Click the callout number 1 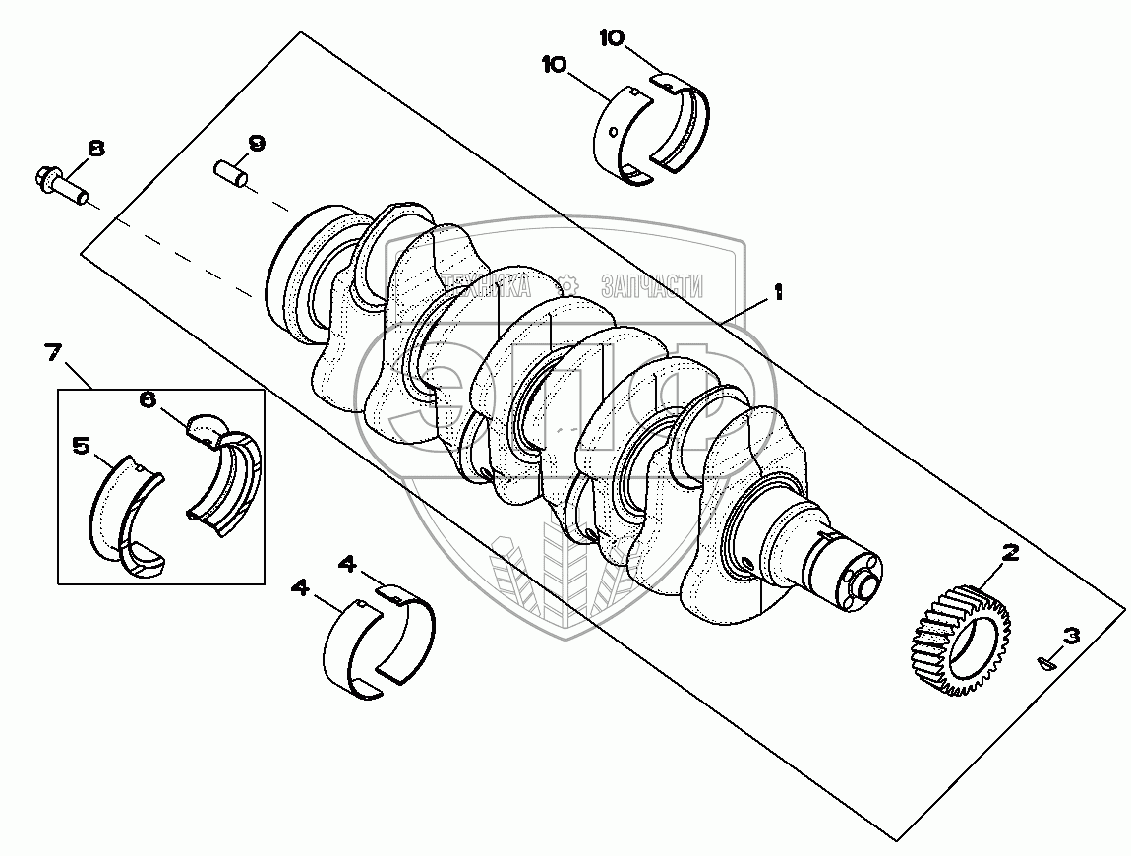click(x=778, y=292)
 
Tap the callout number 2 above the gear click(x=1009, y=554)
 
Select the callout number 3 click(x=1071, y=636)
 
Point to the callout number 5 click(x=83, y=446)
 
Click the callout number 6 click(x=147, y=398)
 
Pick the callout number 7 click(x=53, y=351)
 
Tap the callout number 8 click(x=95, y=149)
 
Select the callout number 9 click(x=256, y=143)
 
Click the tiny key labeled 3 click(x=1047, y=664)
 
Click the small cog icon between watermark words click(x=568, y=286)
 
